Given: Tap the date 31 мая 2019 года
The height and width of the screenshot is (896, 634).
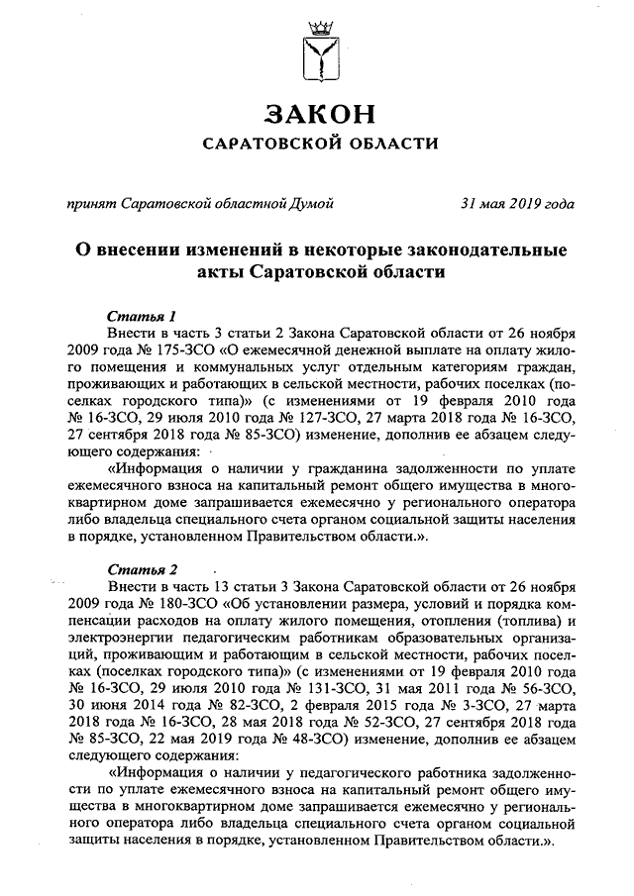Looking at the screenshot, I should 517,204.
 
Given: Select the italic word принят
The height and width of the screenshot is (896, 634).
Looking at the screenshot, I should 89,204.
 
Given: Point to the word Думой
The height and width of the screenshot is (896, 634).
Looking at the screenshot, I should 310,204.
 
